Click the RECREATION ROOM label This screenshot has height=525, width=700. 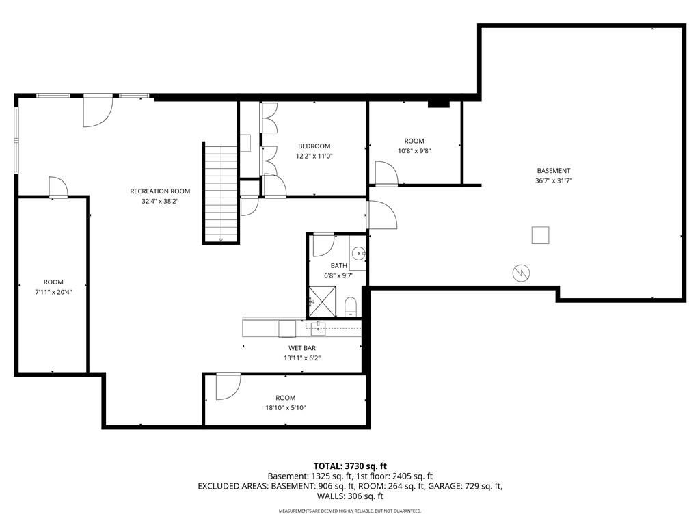click(x=160, y=191)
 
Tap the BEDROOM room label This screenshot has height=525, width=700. click(x=314, y=146)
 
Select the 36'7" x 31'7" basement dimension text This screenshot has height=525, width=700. click(x=554, y=180)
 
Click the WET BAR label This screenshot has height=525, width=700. click(x=302, y=348)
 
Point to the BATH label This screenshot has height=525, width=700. click(x=339, y=266)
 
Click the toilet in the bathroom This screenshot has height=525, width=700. click(x=351, y=307)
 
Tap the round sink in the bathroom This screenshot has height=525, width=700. click(x=358, y=254)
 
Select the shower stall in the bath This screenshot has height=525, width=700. click(x=318, y=301)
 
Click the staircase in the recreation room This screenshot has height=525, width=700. click(x=221, y=193)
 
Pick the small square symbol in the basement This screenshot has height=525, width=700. click(x=540, y=235)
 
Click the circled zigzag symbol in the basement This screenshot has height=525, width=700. click(x=521, y=273)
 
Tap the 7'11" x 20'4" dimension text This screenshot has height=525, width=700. click(x=53, y=292)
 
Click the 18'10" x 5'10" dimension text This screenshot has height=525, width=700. click(x=285, y=407)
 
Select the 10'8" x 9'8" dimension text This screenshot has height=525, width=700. click(x=414, y=151)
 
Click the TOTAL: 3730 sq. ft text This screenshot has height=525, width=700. click(x=350, y=466)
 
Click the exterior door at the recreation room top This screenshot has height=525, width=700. click(x=98, y=111)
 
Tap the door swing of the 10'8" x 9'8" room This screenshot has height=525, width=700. click(x=387, y=173)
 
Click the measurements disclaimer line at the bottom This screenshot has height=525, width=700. click(x=350, y=511)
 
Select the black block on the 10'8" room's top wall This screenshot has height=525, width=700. click(x=438, y=104)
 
